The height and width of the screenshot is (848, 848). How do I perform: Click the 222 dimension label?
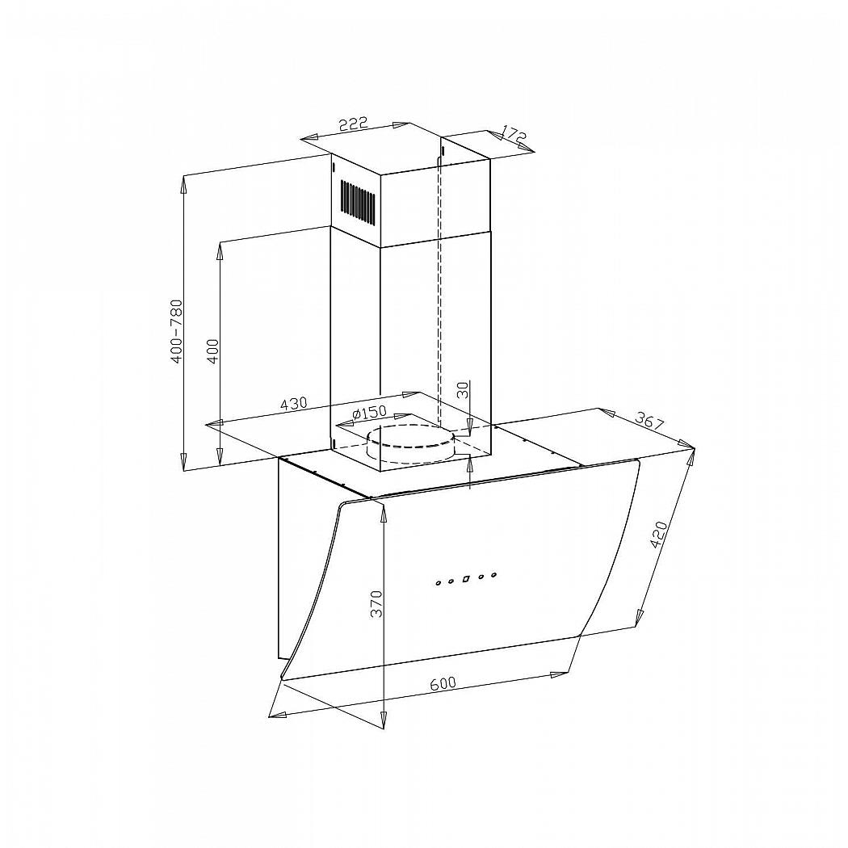353,124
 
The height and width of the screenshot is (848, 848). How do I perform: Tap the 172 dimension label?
514,135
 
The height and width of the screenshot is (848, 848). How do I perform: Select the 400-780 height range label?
177,331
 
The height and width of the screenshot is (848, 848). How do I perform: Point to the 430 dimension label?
294,404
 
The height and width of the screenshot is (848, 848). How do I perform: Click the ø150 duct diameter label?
369,413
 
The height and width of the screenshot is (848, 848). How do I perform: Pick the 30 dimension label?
463,390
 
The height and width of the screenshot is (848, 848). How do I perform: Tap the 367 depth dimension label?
649,421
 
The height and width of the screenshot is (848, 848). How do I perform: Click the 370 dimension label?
376,603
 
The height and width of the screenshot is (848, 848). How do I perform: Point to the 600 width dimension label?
443,683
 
